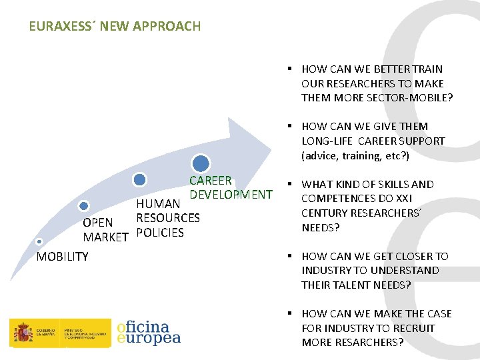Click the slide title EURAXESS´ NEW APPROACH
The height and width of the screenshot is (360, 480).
click(x=115, y=27)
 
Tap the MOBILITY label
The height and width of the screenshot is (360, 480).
click(x=62, y=257)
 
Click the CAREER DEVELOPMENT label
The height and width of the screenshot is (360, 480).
click(x=230, y=187)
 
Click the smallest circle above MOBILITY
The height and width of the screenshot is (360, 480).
click(x=39, y=241)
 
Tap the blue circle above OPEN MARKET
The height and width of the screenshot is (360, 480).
click(x=83, y=207)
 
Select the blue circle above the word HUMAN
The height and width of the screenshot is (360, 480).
click(x=139, y=179)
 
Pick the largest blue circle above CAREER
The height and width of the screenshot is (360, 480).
click(x=201, y=163)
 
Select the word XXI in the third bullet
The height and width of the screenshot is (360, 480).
click(x=403, y=199)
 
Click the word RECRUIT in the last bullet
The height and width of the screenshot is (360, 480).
click(x=415, y=328)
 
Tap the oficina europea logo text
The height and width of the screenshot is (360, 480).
click(x=148, y=333)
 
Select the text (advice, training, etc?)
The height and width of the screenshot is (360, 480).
click(x=355, y=155)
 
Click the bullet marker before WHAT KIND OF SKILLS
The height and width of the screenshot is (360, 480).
click(x=291, y=184)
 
